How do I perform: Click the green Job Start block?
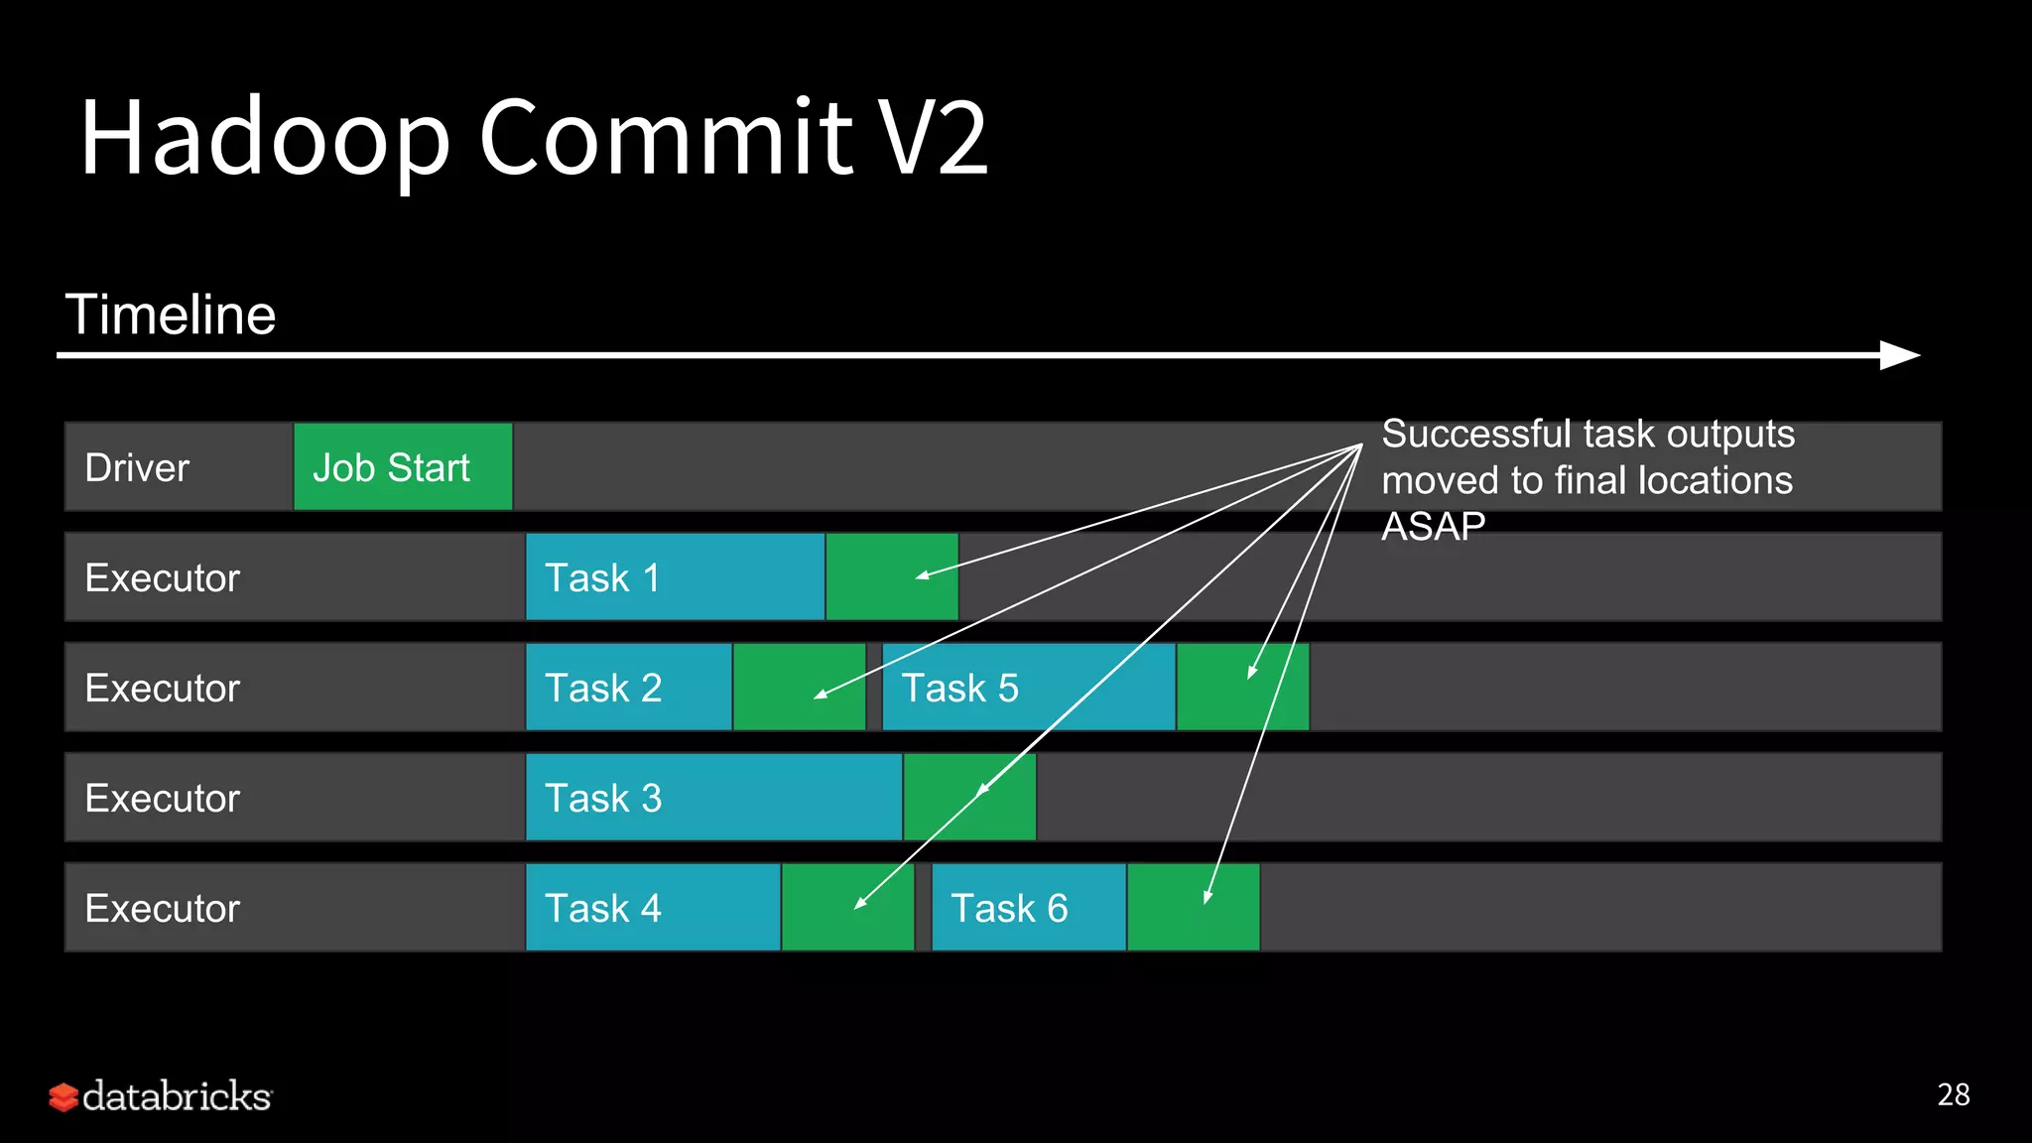(403, 467)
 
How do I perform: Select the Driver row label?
(137, 467)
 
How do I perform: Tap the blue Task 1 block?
(675, 577)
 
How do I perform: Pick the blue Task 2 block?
(628, 688)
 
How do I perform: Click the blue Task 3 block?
(713, 798)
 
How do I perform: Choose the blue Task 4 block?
(653, 908)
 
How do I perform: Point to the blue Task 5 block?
(1028, 688)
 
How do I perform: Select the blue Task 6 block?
(1028, 908)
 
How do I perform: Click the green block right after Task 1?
(892, 577)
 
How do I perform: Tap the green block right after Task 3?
(969, 798)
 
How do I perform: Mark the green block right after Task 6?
(1193, 908)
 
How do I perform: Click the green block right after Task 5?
(1242, 688)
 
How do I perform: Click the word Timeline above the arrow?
(171, 315)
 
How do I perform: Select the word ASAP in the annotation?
(1433, 526)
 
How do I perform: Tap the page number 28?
(1953, 1094)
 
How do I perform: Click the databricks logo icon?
(63, 1097)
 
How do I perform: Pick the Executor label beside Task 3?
(163, 798)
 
